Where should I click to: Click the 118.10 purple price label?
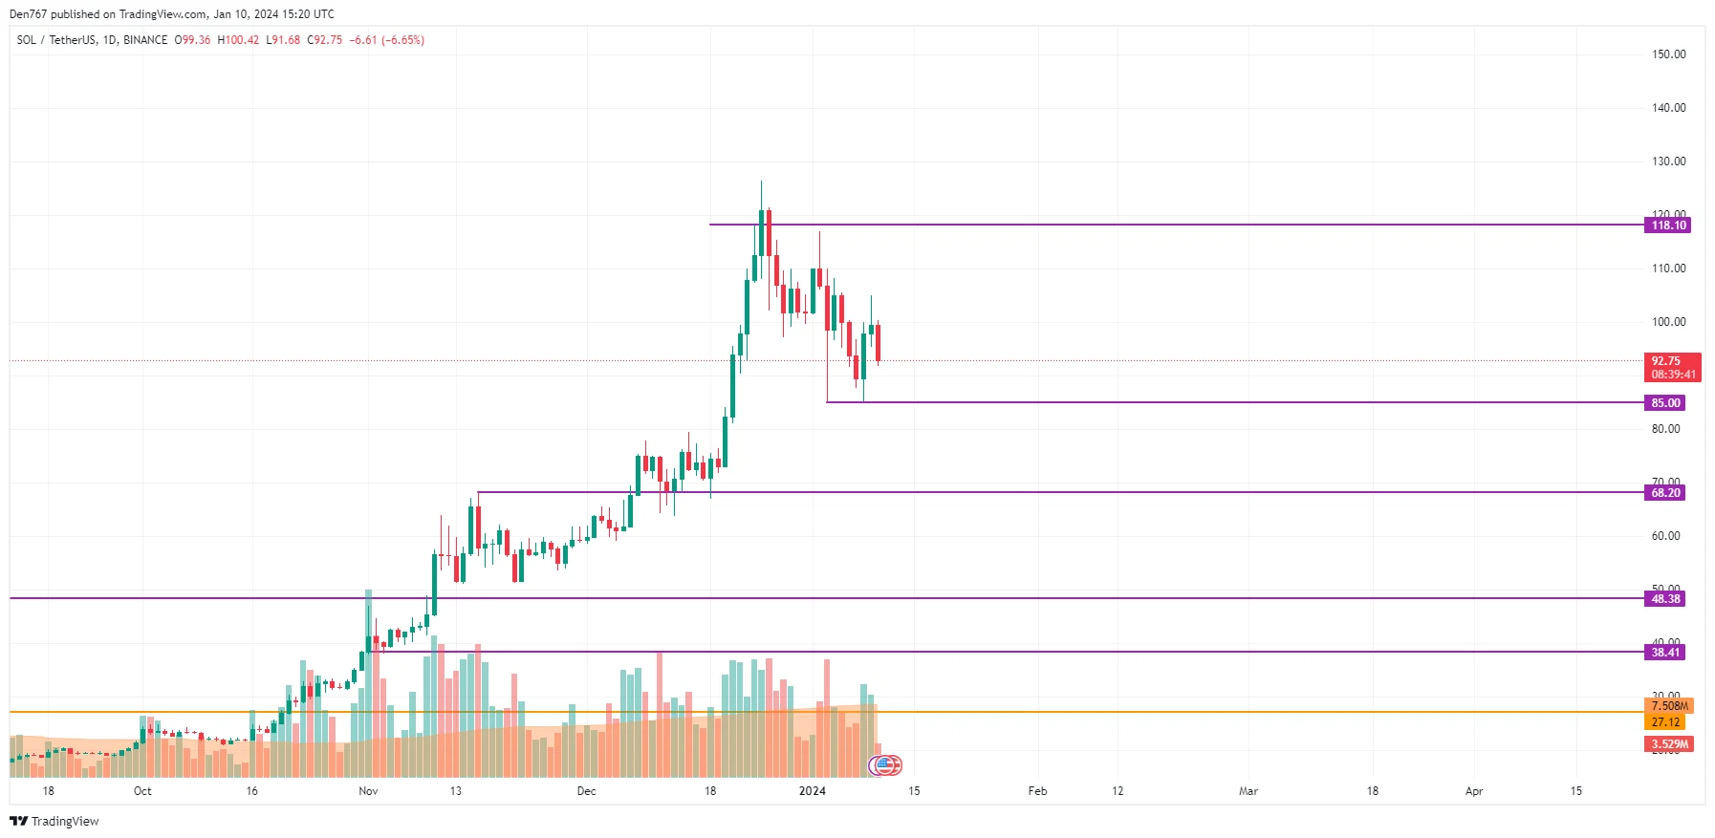click(x=1668, y=226)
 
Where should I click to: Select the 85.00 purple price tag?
click(x=1665, y=403)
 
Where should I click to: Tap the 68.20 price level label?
click(x=1665, y=493)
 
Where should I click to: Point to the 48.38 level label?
click(x=1665, y=599)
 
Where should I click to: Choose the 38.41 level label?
click(x=1665, y=653)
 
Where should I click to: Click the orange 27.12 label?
click(x=1665, y=722)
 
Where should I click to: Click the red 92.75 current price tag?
click(x=1672, y=367)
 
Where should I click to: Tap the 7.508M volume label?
click(x=1669, y=706)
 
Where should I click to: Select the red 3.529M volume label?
click(x=1669, y=744)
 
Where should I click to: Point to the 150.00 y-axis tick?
click(x=1668, y=54)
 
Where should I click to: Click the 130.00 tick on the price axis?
click(x=1668, y=161)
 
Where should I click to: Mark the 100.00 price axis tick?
click(x=1668, y=322)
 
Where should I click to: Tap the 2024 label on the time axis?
click(x=812, y=791)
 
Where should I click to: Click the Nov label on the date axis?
click(x=368, y=791)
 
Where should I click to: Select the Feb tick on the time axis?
click(x=1037, y=791)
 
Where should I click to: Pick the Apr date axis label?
click(x=1474, y=791)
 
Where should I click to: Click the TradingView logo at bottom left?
click(x=54, y=821)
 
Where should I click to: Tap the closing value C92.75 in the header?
click(x=324, y=40)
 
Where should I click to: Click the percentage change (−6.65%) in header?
click(x=402, y=40)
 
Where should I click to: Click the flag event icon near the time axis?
click(x=885, y=765)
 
